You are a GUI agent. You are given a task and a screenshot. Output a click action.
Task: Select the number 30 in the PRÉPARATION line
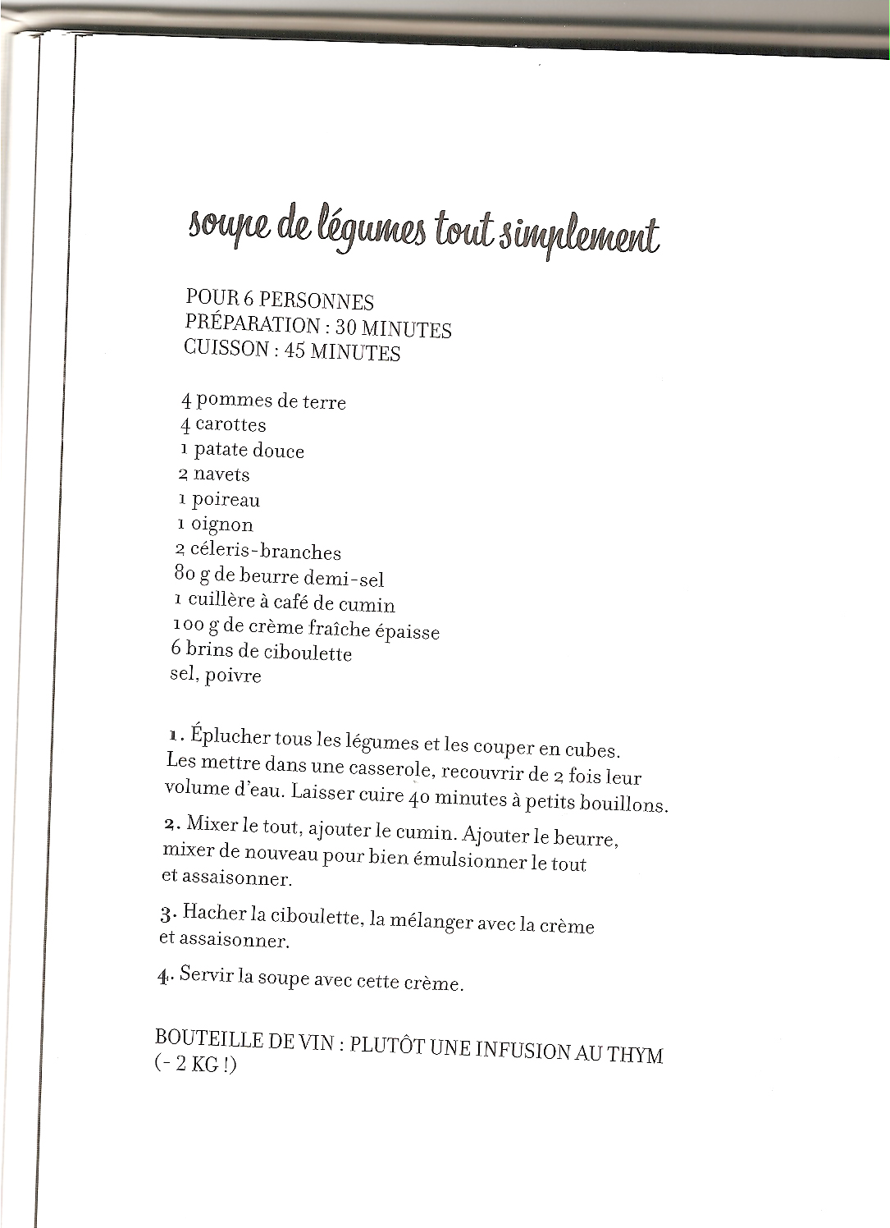345,327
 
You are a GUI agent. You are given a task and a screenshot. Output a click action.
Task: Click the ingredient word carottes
230,425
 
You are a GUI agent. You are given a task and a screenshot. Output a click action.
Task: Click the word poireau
226,500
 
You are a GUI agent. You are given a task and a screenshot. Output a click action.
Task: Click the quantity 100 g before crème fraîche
198,625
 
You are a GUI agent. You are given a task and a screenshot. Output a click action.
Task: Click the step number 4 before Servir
162,975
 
